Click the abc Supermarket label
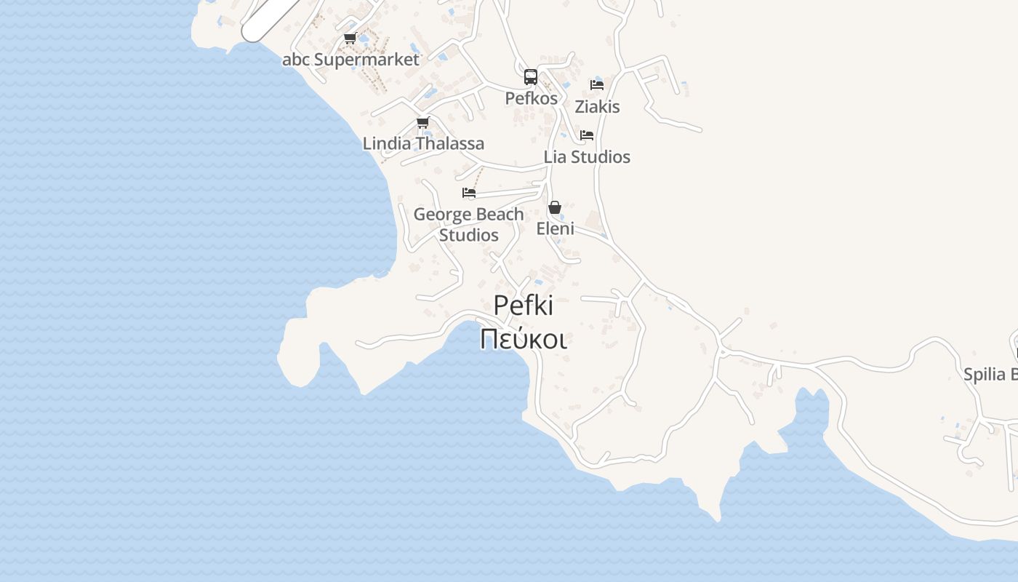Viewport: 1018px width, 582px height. click(350, 60)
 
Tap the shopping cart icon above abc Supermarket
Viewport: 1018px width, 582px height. click(350, 39)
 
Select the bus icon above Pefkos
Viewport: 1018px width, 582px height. click(531, 77)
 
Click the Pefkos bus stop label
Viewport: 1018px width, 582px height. click(532, 98)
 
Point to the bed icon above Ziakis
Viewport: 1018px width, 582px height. click(597, 84)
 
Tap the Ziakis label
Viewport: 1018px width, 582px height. click(597, 107)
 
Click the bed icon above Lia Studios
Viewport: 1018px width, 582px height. click(587, 135)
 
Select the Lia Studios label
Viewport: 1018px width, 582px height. click(587, 157)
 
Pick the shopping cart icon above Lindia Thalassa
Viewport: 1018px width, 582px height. click(422, 122)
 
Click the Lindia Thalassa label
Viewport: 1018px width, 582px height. click(423, 144)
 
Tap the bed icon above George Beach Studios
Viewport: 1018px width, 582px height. click(469, 193)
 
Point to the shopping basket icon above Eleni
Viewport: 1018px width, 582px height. click(555, 207)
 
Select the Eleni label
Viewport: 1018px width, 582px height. click(556, 228)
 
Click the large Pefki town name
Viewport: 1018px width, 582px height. click(524, 306)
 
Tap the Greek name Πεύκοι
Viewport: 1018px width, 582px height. click(524, 339)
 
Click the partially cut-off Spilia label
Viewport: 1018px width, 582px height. click(990, 375)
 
